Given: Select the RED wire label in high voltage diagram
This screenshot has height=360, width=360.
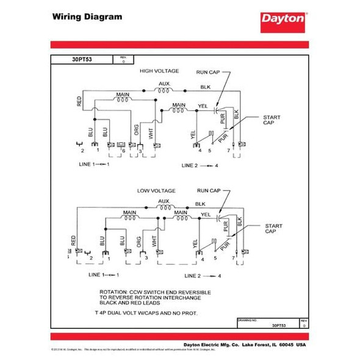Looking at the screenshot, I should (80, 101).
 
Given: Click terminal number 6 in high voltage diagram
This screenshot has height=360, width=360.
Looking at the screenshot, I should (123, 150).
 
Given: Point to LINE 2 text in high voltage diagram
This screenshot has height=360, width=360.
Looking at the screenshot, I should (191, 165).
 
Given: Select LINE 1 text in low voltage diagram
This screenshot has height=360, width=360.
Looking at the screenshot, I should (98, 275).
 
